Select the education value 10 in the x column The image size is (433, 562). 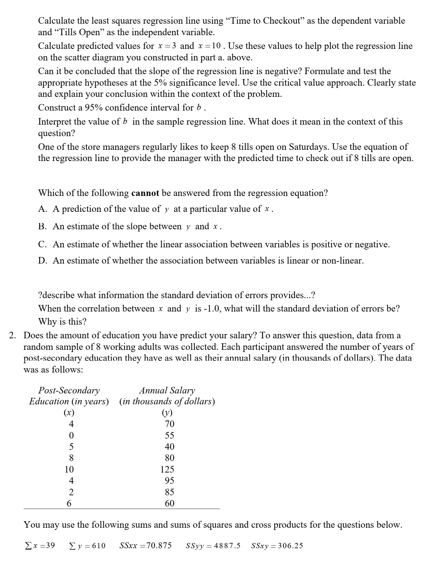coord(69,469)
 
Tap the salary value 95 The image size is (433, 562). coord(169,480)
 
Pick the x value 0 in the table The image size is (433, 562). coord(71,435)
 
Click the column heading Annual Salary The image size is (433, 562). coord(167,390)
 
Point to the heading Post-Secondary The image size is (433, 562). coord(69,390)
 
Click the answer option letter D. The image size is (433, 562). coord(43,260)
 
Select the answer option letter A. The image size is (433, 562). coord(43,209)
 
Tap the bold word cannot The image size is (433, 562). coord(145,193)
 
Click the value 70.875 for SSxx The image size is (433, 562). coord(159,545)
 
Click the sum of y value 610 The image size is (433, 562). coord(99,545)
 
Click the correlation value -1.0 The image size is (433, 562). coord(212,308)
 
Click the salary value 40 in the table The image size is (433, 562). coord(169,446)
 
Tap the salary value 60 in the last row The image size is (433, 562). coord(169,503)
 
